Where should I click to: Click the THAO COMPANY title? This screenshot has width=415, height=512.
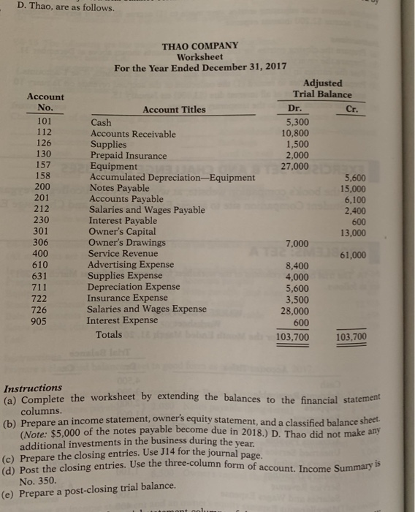199,45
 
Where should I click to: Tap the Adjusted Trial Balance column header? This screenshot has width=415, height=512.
321,89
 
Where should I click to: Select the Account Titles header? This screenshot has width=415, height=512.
174,110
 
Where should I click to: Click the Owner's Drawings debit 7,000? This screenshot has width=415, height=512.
297,243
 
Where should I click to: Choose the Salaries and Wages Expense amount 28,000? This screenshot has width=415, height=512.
295,310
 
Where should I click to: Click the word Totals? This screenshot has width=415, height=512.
109,335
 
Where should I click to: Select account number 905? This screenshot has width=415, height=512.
44,320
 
